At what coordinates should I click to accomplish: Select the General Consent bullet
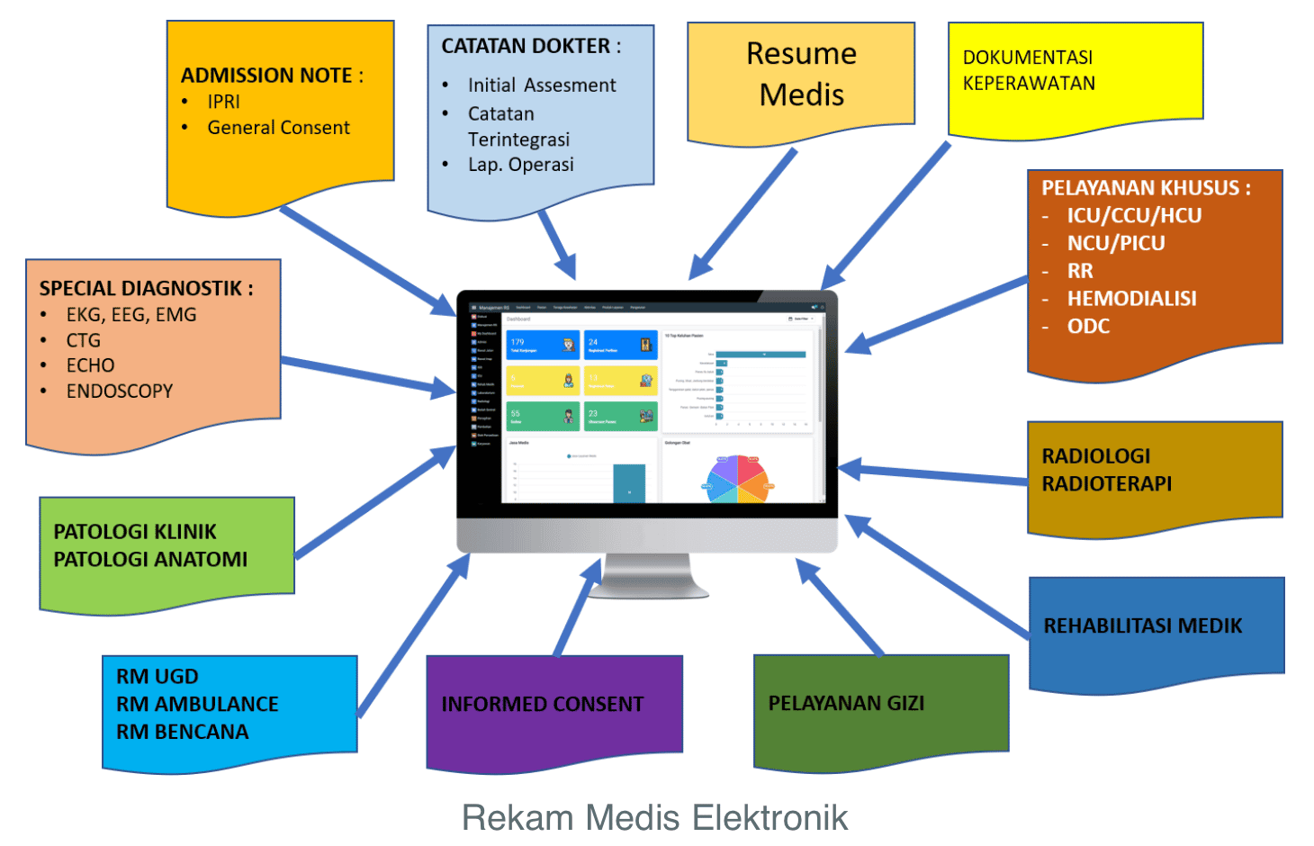tap(278, 128)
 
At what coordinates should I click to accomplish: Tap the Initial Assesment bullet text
tap(542, 85)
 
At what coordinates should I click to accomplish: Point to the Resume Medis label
tap(801, 74)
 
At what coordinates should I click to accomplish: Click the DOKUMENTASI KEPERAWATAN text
tap(1029, 70)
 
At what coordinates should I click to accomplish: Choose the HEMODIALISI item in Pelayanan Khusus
tap(1131, 299)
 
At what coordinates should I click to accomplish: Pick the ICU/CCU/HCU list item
tap(1134, 216)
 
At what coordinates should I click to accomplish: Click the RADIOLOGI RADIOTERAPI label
tap(1106, 470)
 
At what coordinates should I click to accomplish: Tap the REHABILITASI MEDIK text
tap(1142, 625)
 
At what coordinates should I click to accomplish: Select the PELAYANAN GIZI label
tap(846, 704)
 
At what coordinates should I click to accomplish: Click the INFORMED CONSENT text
tap(542, 705)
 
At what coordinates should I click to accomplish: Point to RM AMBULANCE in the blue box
tap(197, 705)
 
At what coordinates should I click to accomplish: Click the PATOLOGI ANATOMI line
tap(150, 560)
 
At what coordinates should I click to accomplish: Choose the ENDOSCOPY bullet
tap(119, 391)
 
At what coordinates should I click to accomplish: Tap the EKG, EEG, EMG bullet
tap(130, 315)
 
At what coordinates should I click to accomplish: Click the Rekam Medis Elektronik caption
tap(654, 818)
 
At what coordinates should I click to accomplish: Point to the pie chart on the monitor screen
tap(737, 479)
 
